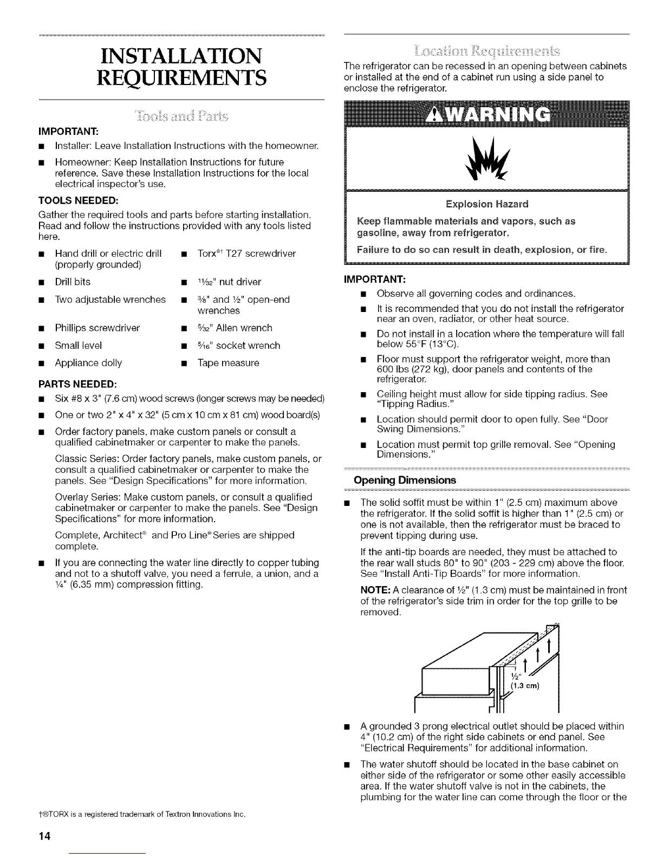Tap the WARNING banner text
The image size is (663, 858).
(487, 114)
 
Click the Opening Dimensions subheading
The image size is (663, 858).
(405, 480)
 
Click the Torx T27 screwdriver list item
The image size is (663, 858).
(246, 253)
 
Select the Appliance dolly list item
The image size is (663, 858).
(88, 363)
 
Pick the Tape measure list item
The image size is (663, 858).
(228, 363)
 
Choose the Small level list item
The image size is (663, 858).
(78, 346)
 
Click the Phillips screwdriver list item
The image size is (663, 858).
(97, 328)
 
